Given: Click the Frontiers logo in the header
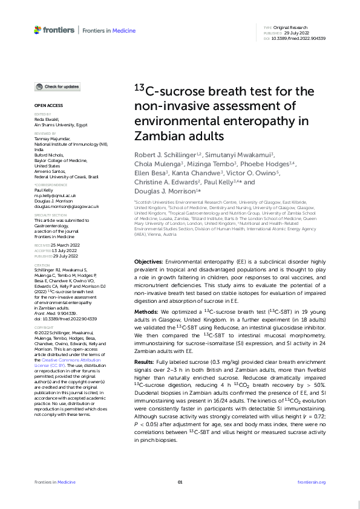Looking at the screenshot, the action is (x=54, y=30).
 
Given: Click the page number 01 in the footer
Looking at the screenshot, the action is (x=180, y=482).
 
